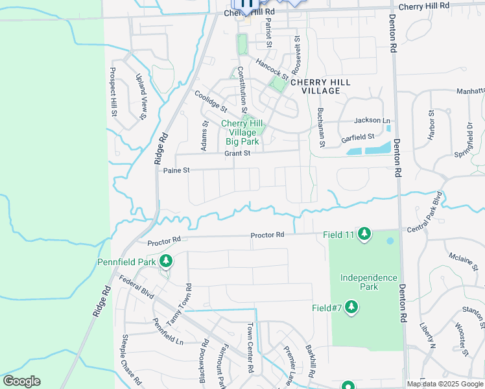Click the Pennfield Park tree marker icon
coord(167,261)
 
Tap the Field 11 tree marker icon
coord(364,233)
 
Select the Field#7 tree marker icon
coord(351,306)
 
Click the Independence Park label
coord(369,282)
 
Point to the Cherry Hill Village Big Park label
coord(241,132)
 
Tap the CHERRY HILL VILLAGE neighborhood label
coord(320,86)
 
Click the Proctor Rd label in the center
coord(268,235)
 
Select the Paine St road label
coord(176,171)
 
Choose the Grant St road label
coord(237,154)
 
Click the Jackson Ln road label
coord(372,121)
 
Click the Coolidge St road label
coord(211,101)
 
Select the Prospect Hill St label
coord(113,91)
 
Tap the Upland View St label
coord(141,97)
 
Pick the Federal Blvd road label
coord(136,287)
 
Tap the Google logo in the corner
coord(21,381)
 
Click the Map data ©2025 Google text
coord(445,384)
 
